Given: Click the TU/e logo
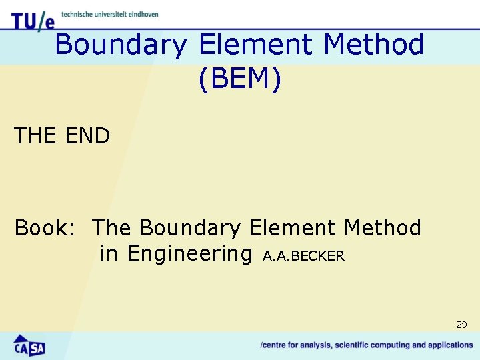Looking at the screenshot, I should point(31,20).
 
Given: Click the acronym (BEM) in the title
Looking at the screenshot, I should point(240,79).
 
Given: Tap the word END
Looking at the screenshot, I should point(88,136).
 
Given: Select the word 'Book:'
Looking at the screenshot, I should point(44,228).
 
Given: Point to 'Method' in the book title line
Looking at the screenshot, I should point(383,228).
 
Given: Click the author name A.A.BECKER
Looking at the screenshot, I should point(304,256).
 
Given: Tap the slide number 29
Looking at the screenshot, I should point(461,325).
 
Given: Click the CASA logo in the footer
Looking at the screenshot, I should point(29,345).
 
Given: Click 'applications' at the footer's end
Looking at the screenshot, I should point(451,345).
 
